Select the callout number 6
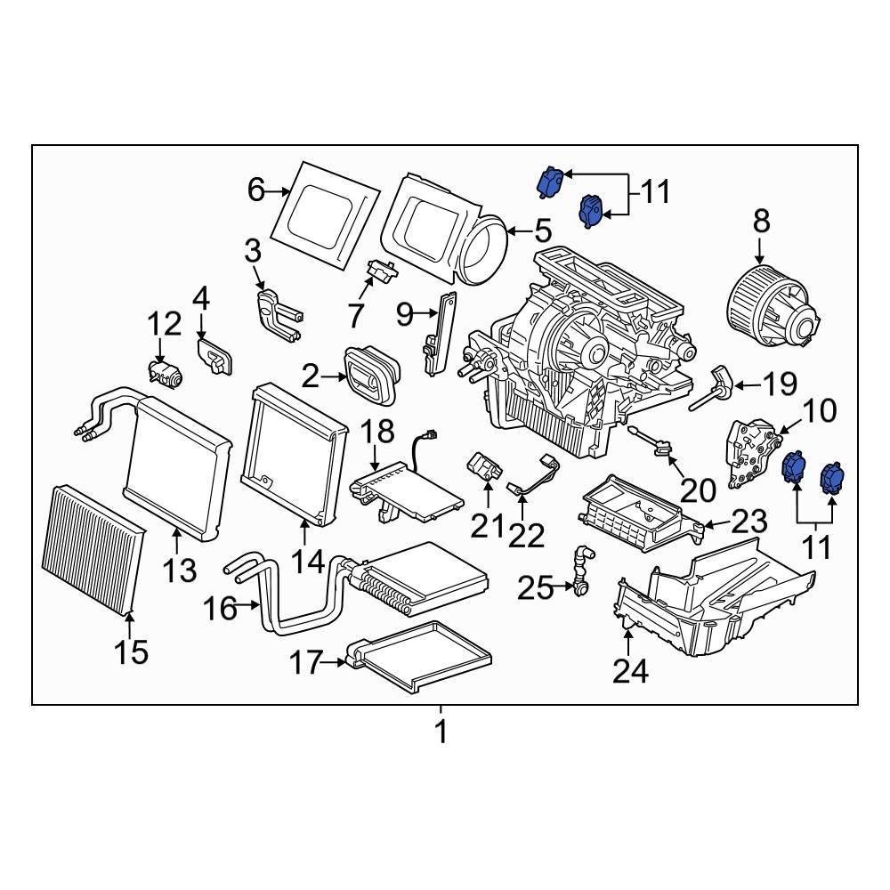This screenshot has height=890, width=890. coord(256,190)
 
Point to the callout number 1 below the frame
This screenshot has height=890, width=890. coord(440,732)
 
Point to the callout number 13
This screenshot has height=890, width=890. coord(179,569)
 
